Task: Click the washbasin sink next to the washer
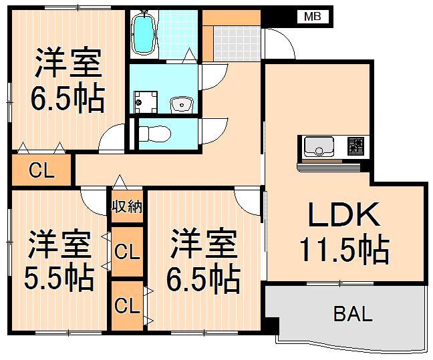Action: click(x=181, y=104)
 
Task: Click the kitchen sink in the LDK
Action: click(x=320, y=146)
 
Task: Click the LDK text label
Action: click(x=343, y=216)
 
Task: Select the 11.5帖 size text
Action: click(x=343, y=250)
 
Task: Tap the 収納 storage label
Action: click(x=127, y=206)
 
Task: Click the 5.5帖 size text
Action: click(x=59, y=279)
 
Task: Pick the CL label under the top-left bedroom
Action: click(x=41, y=171)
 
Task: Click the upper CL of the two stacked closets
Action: click(x=127, y=252)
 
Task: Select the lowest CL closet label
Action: click(x=127, y=306)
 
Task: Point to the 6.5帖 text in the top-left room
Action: click(x=67, y=100)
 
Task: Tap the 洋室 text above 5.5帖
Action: click(x=59, y=245)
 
